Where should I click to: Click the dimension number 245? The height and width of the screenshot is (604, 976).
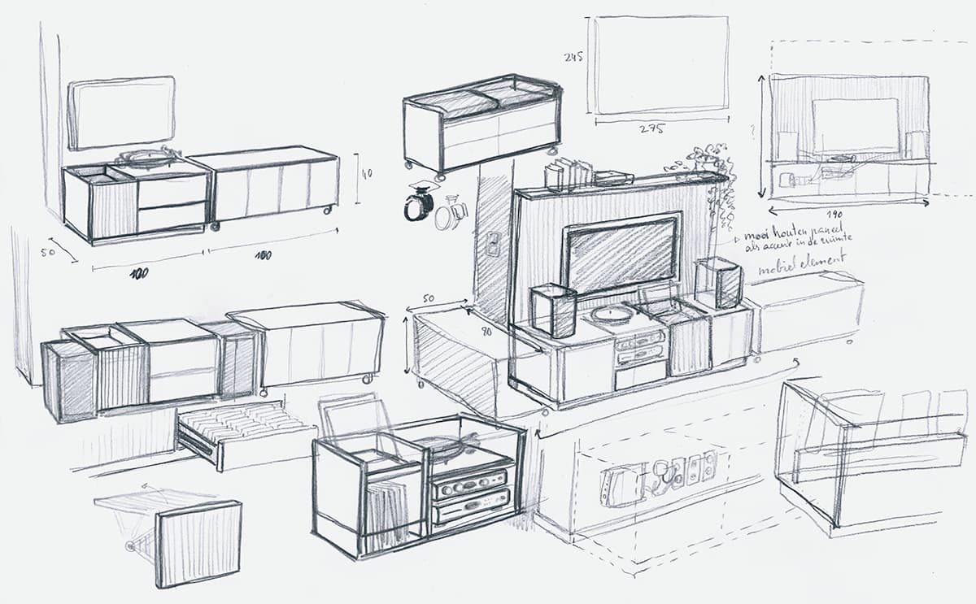pos(573,57)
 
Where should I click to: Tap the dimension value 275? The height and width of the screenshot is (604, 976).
pos(651,128)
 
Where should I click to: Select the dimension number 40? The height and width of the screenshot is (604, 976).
pos(367,173)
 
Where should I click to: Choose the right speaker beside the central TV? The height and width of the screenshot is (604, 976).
pos(718,284)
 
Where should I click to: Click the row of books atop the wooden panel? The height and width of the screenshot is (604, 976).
pos(569,173)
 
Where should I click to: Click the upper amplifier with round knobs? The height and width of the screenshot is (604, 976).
pos(469,485)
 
